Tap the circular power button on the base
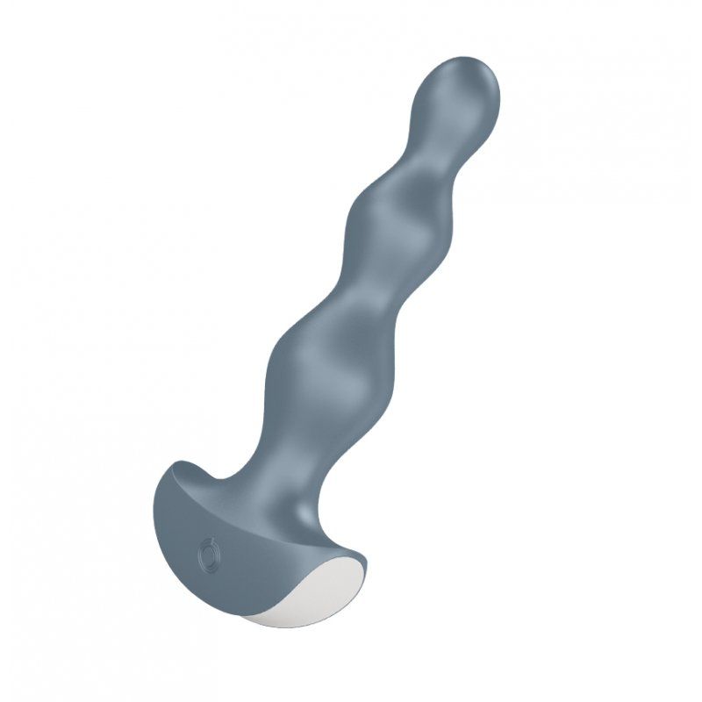tap(208, 554)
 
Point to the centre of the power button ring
tap(208, 554)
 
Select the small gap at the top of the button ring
tap(208, 544)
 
